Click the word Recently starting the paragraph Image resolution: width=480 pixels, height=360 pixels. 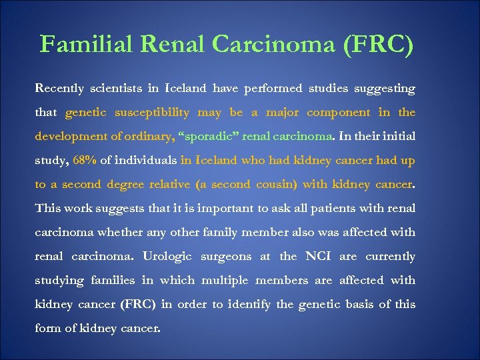click(61, 89)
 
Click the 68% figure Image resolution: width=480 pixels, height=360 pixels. click(84, 161)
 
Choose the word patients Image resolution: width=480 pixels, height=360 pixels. click(315, 209)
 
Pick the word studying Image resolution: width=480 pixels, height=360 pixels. click(61, 281)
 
